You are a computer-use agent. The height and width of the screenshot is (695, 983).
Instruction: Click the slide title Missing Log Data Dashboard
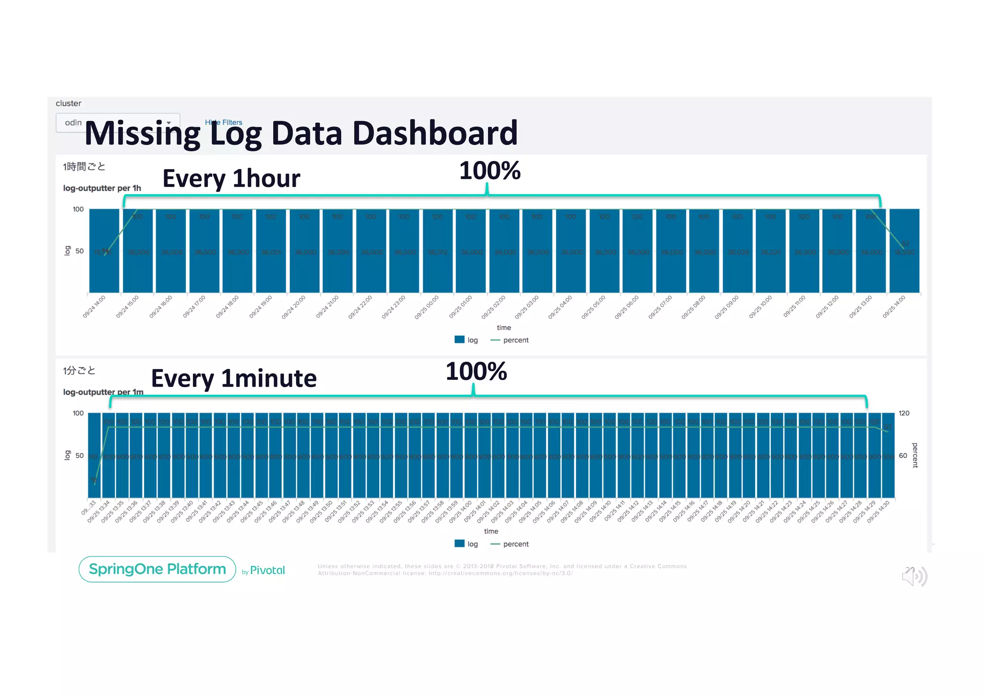[x=301, y=133]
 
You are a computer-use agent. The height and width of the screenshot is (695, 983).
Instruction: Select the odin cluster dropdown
[x=118, y=122]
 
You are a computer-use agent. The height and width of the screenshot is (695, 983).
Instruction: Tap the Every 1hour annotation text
[x=231, y=179]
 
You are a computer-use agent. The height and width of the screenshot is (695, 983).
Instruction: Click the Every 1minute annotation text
[x=234, y=378]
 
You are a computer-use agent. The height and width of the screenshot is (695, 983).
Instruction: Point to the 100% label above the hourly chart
[x=490, y=171]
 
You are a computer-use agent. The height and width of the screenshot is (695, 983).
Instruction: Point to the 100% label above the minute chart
[x=476, y=372]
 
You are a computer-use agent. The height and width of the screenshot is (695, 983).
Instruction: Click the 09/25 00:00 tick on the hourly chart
[x=427, y=307]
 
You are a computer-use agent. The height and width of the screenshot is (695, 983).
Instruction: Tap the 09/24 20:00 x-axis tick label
[x=294, y=307]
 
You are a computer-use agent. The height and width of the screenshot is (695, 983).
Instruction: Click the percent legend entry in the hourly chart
[x=510, y=340]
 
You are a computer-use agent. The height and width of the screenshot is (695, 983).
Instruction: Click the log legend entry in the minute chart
[x=467, y=544]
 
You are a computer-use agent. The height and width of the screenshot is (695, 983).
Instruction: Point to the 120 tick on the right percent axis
[x=904, y=414]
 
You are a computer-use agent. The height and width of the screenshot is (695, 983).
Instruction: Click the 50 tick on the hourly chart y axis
[x=79, y=251]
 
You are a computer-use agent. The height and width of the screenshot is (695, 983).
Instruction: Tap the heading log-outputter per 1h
[x=102, y=188]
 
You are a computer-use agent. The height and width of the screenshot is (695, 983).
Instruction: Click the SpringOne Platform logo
[x=157, y=569]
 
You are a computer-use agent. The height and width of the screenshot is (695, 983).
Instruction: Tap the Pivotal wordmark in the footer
[x=267, y=571]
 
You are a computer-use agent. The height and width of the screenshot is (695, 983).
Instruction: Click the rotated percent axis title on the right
[x=915, y=455]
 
